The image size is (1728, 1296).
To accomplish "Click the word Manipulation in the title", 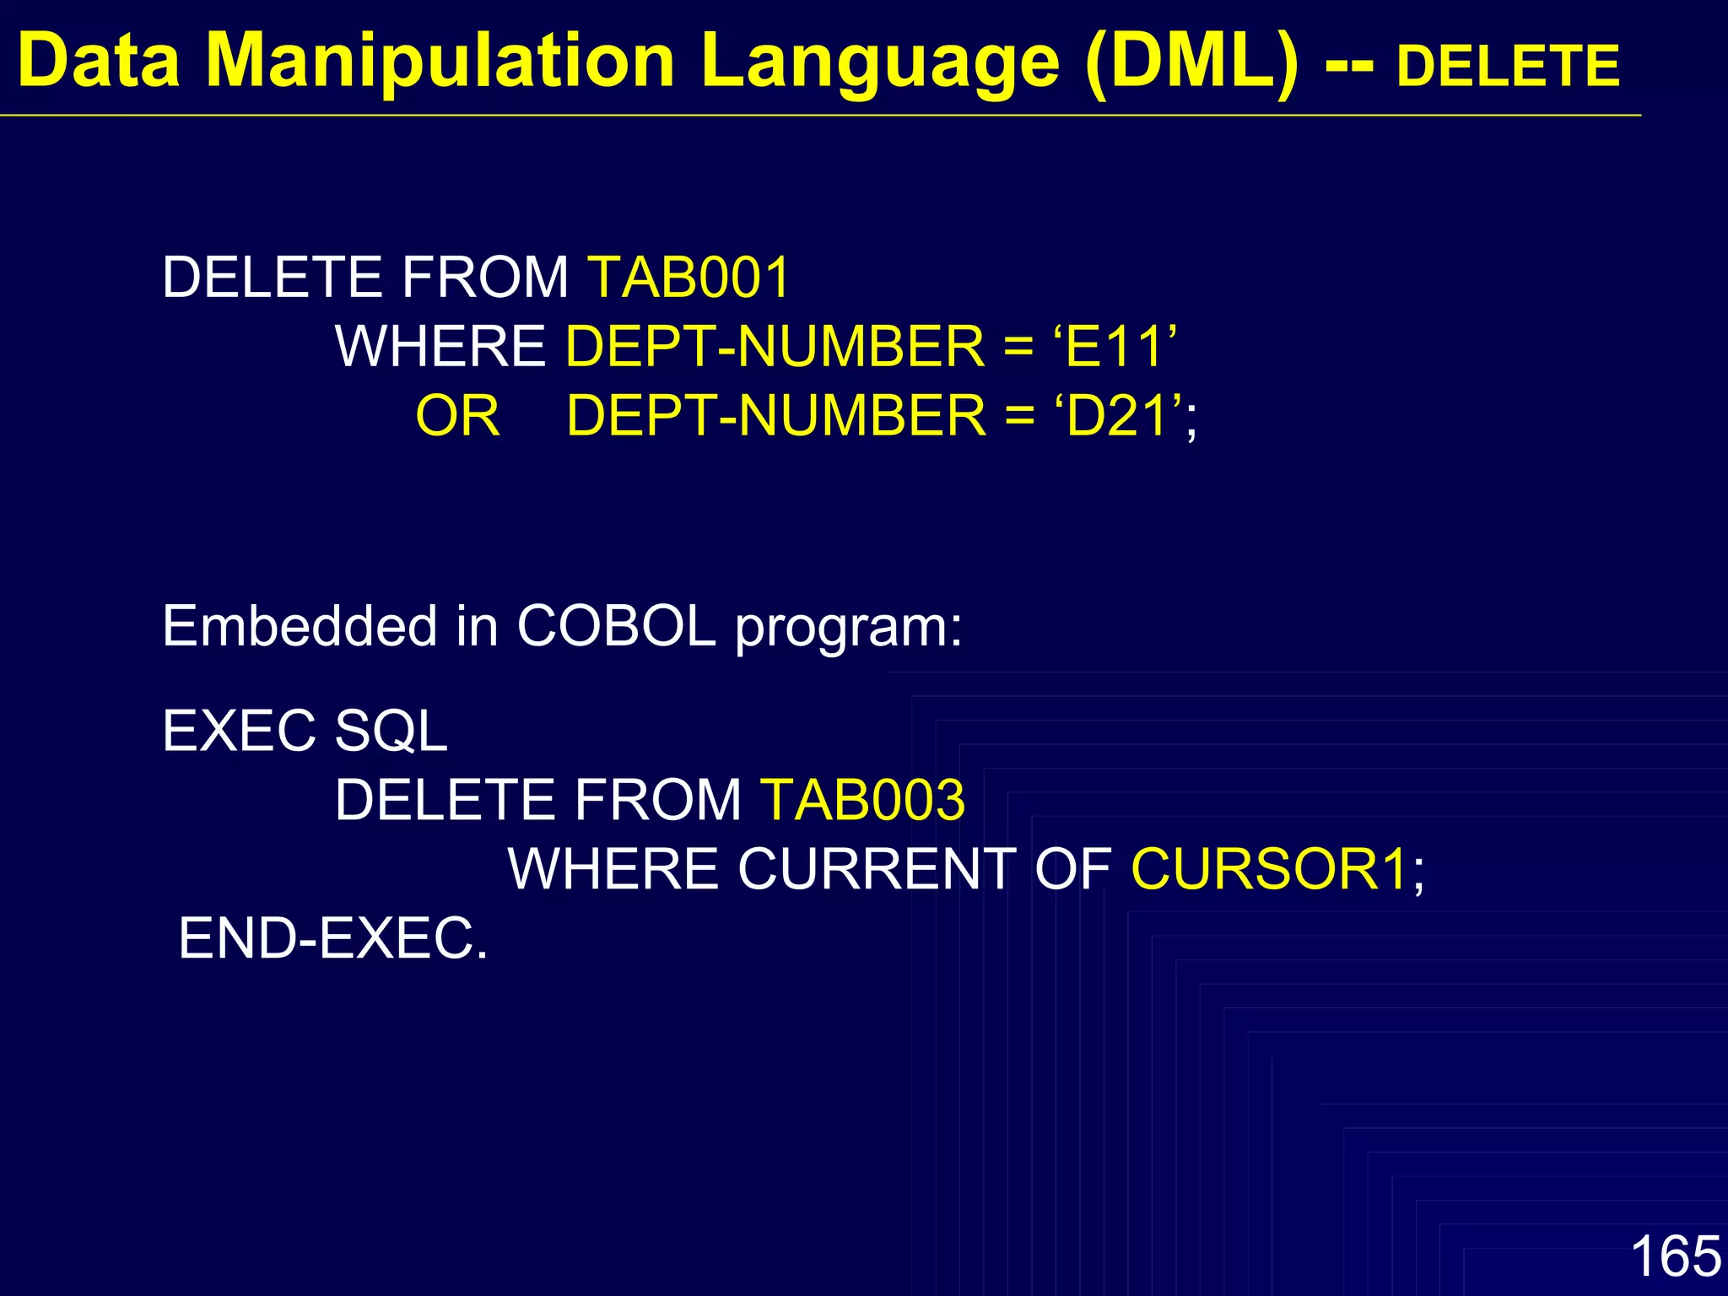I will [x=440, y=61].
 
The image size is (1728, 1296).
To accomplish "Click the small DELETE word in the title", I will [x=1508, y=66].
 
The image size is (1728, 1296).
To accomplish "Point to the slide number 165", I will [x=1675, y=1255].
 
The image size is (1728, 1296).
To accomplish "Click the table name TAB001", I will [x=689, y=277].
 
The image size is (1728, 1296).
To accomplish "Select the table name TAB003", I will [x=862, y=800].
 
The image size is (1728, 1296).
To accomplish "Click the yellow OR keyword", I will [x=457, y=415].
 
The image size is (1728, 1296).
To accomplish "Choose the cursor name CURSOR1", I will [x=1269, y=869].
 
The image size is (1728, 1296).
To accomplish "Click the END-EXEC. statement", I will [x=333, y=938].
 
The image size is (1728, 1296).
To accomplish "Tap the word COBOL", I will [x=616, y=626].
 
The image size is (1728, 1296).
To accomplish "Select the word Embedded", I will [x=300, y=626].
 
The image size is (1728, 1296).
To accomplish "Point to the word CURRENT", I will [x=877, y=869].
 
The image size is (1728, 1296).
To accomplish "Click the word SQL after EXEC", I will [x=391, y=731].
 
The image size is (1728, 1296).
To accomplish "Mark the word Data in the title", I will [x=99, y=61].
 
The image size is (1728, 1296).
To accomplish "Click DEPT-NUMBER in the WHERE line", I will [x=775, y=346].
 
